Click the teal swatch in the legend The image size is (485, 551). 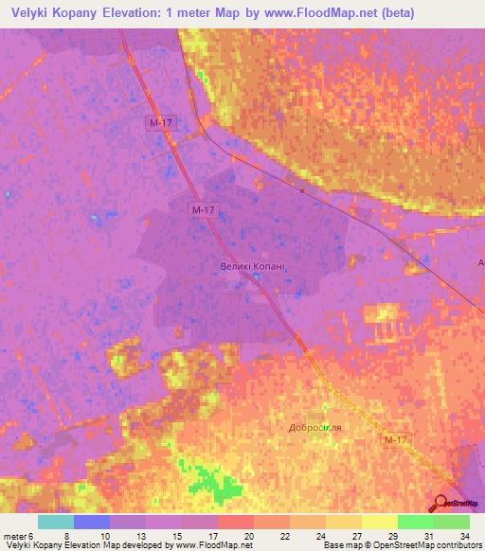click(x=56, y=522)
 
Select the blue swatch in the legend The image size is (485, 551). click(x=92, y=522)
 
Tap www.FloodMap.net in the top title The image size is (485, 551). click(x=341, y=12)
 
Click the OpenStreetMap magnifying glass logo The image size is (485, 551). click(x=442, y=504)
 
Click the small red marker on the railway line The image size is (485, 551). click(x=302, y=189)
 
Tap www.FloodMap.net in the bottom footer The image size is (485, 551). click(x=199, y=546)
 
